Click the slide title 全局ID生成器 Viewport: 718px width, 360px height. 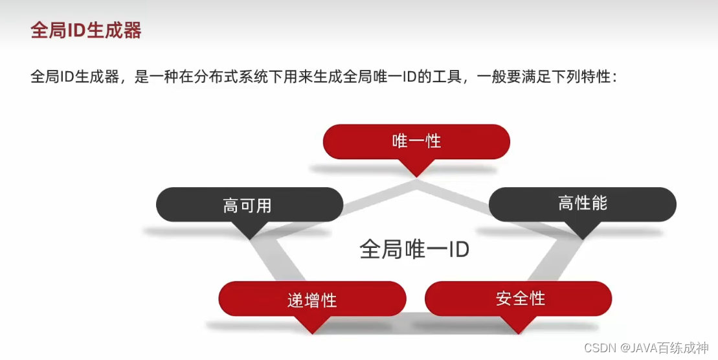86,30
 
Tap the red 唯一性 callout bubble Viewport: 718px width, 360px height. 416,141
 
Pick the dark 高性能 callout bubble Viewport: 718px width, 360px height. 582,204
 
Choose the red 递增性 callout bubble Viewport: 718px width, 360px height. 312,298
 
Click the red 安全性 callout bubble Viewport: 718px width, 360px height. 519,298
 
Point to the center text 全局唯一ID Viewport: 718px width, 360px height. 414,249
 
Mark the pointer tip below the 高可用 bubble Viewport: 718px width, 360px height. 251,237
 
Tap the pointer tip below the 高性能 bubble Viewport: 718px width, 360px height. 583,236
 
